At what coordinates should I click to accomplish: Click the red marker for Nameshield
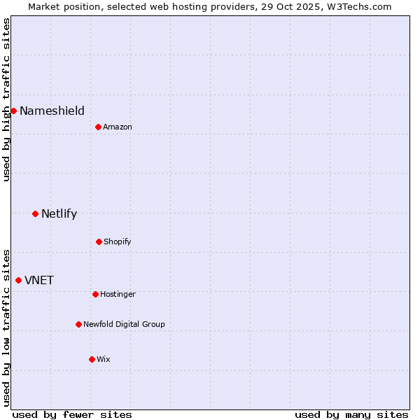point(13,111)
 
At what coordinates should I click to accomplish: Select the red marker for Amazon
point(98,127)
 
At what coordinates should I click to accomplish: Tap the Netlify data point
point(35,213)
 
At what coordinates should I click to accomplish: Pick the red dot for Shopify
point(99,241)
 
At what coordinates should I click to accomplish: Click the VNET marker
point(18,280)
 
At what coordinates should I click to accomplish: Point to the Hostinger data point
point(95,294)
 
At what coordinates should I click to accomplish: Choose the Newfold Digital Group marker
point(78,324)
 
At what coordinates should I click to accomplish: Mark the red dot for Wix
point(92,359)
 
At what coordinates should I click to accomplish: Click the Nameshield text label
point(52,111)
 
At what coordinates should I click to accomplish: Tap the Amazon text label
point(118,127)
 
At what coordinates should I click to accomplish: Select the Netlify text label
point(59,213)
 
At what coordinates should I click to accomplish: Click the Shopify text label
point(118,241)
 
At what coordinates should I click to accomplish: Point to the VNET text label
point(39,280)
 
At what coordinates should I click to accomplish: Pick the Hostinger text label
point(118,294)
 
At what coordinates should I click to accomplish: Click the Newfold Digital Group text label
point(124,324)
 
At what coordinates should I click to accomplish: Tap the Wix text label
point(104,359)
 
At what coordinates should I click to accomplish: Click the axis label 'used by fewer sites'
point(72,414)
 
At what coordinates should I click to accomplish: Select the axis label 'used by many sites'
point(351,414)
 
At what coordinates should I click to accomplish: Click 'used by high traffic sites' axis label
point(6,99)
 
